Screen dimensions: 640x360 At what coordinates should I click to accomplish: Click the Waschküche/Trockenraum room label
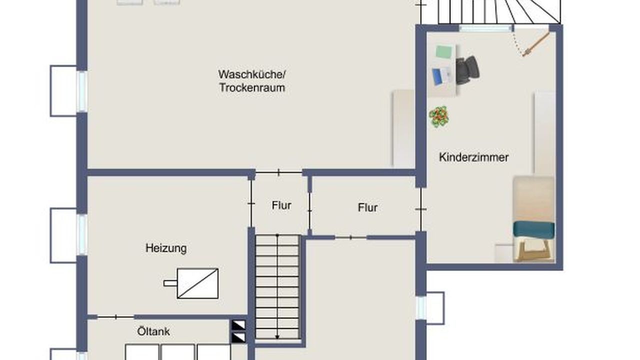click(252, 81)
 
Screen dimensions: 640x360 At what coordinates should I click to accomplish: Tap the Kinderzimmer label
click(473, 157)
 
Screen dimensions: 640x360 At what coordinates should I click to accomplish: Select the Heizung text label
click(166, 248)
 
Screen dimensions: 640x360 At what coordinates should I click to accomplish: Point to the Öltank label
click(153, 331)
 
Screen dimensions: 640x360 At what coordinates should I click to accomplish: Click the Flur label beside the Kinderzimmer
click(367, 207)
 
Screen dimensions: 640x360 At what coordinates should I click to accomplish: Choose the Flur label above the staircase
click(281, 205)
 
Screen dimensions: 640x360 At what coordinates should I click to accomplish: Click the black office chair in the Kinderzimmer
click(467, 70)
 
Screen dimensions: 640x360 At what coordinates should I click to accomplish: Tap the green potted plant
click(439, 116)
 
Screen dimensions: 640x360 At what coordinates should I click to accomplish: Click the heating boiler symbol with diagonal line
click(197, 283)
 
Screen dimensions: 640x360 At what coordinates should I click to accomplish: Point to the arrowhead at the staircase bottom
click(277, 337)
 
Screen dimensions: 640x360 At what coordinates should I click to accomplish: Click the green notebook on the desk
click(443, 52)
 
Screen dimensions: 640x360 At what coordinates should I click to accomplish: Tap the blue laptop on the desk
click(437, 77)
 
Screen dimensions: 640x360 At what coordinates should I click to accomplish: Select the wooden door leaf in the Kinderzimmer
click(536, 44)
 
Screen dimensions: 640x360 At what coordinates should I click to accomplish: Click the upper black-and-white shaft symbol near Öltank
click(238, 325)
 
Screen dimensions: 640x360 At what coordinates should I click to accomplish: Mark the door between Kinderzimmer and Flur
click(420, 209)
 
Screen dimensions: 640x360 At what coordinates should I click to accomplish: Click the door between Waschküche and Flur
click(279, 172)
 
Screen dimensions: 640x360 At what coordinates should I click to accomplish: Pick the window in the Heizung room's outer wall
click(82, 234)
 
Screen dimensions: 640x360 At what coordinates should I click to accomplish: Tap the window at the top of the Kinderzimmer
click(485, 28)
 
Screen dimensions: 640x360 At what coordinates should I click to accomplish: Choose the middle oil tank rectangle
click(178, 352)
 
